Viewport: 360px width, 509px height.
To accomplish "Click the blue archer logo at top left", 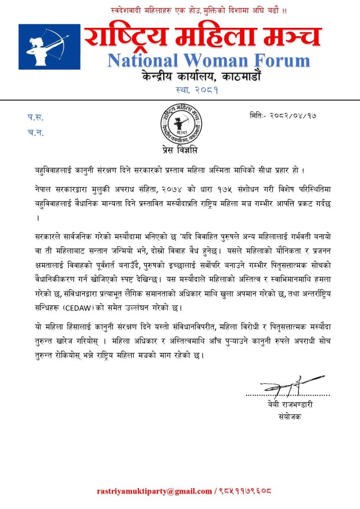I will point(49,47).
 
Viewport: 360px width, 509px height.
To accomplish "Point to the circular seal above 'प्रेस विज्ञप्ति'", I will point(180,125).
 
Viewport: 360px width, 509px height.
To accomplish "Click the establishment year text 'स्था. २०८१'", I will point(197,90).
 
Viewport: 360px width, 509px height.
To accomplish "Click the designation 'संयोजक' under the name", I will point(290,417).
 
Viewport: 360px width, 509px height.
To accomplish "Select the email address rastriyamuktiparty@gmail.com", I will point(155,491).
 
